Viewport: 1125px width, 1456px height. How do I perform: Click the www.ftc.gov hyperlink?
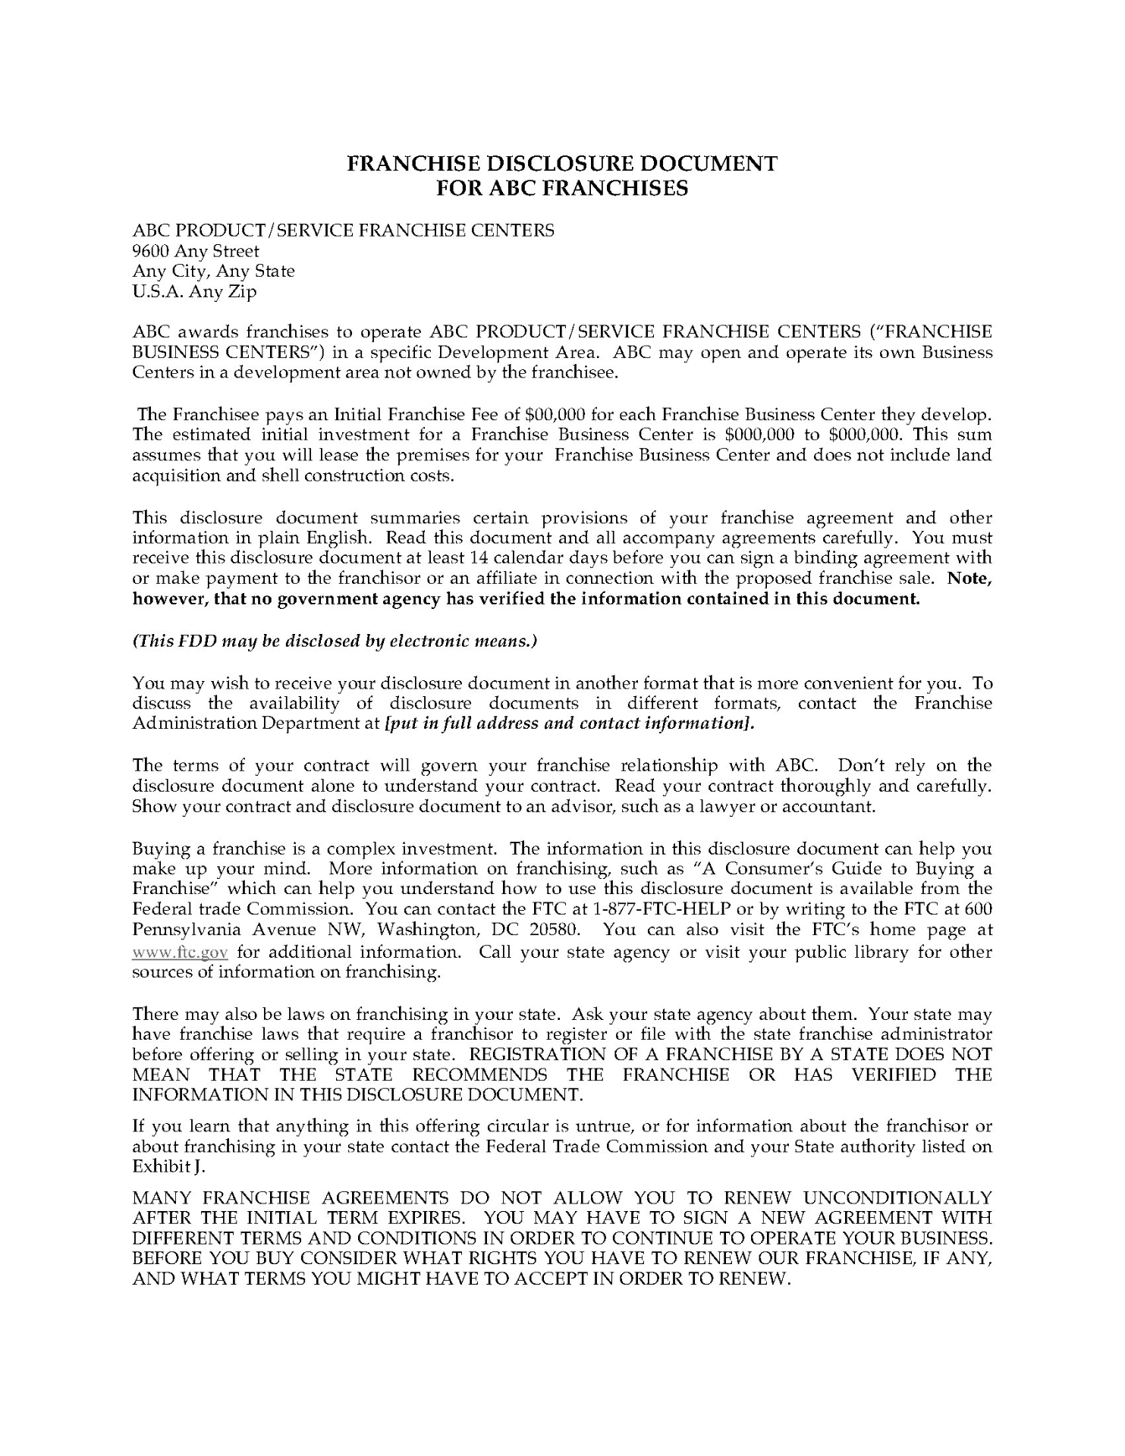[x=180, y=952]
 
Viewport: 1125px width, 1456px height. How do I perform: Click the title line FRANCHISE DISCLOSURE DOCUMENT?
[x=562, y=163]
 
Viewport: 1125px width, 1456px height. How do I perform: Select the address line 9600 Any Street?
[x=196, y=251]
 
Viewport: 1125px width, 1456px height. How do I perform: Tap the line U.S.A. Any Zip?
[x=194, y=291]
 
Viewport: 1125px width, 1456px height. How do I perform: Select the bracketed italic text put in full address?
[x=570, y=723]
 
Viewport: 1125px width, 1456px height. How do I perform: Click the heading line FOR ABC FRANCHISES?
[x=562, y=187]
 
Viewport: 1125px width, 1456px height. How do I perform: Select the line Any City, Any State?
[x=213, y=271]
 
